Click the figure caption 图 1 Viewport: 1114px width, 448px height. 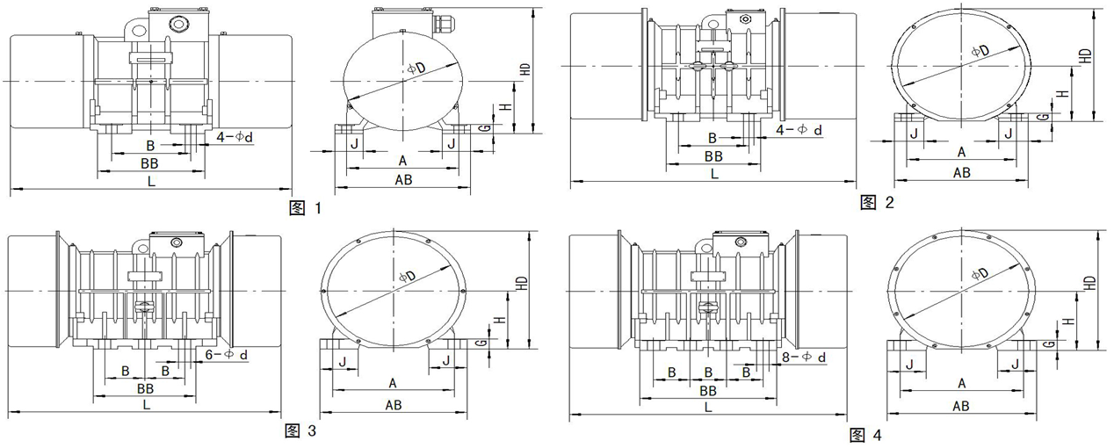point(306,209)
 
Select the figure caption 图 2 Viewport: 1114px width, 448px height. point(877,204)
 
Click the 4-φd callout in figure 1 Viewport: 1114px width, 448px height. point(234,137)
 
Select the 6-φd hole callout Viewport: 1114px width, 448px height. point(226,355)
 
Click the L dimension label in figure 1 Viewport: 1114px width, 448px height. point(152,180)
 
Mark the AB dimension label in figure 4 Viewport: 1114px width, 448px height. point(960,405)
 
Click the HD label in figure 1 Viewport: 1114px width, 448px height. point(525,70)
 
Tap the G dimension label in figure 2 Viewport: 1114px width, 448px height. point(1043,116)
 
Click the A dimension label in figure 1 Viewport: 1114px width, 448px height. point(402,161)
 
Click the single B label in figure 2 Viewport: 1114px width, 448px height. point(713,138)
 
